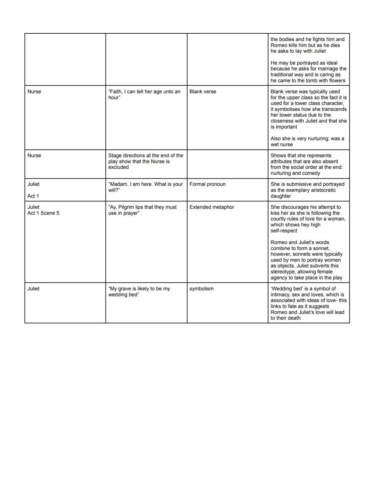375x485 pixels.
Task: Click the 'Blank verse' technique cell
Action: pos(203,92)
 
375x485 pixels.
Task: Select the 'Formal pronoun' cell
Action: pos(207,184)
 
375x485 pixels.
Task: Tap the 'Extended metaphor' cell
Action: pos(212,207)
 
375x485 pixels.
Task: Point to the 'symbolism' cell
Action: pos(201,289)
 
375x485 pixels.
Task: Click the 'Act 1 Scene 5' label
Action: pos(43,213)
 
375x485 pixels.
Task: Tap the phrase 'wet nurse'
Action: pos(282,145)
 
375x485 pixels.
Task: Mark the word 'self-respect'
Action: pos(284,231)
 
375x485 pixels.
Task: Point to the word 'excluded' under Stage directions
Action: pos(118,167)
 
